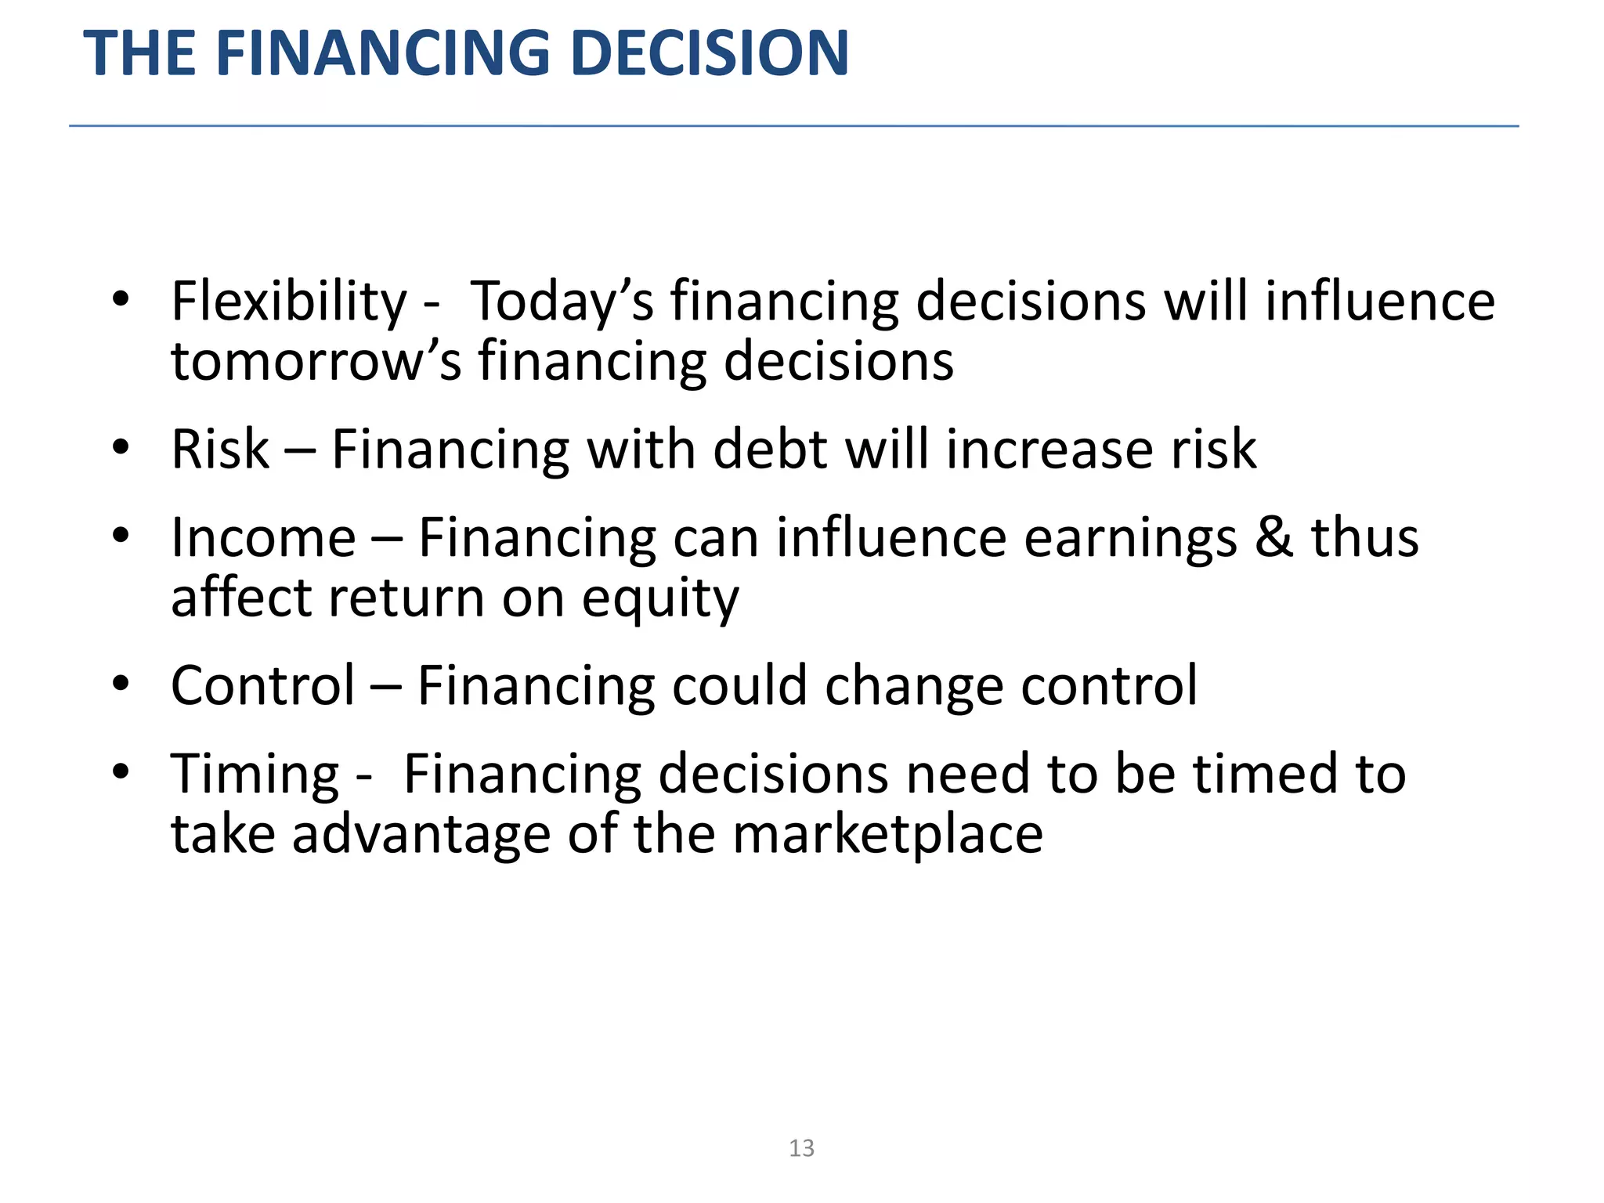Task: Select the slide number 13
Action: [801, 1148]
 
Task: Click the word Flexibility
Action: [289, 302]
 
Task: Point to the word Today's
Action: [561, 302]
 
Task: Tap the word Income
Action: [264, 538]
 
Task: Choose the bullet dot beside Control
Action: [120, 684]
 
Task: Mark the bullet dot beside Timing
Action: [120, 771]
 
